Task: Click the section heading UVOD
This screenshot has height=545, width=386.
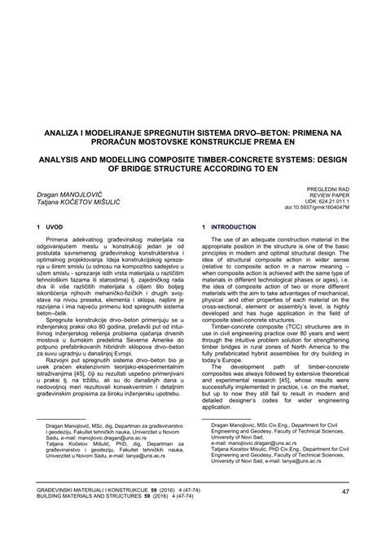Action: (59, 227)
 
